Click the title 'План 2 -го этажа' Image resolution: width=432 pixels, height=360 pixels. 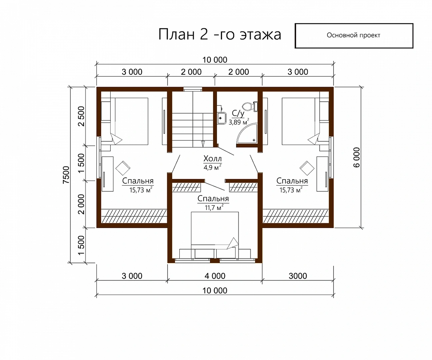coord(220,34)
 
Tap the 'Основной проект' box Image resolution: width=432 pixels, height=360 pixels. coord(354,36)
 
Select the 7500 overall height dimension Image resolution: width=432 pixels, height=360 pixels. coord(66,175)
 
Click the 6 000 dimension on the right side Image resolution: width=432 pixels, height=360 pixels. coord(357,157)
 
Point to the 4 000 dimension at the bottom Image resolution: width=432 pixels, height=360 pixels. coord(215,276)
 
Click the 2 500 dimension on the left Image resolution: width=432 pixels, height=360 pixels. coord(82,116)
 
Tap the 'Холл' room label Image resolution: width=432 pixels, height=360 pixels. coord(212,159)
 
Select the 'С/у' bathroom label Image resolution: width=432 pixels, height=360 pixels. coord(238,113)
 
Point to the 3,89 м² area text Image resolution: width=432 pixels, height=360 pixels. coord(239,122)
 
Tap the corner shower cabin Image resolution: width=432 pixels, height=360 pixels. coord(247,133)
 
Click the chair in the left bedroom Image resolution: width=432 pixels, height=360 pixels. coord(123,168)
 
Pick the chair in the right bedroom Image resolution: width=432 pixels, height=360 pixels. coord(307,168)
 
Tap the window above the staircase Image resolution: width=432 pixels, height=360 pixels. coord(193,89)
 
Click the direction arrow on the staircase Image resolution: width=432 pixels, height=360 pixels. coord(203,143)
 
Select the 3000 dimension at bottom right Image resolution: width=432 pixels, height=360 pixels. coord(298,276)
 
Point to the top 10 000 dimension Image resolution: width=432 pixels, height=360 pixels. coord(215,60)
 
